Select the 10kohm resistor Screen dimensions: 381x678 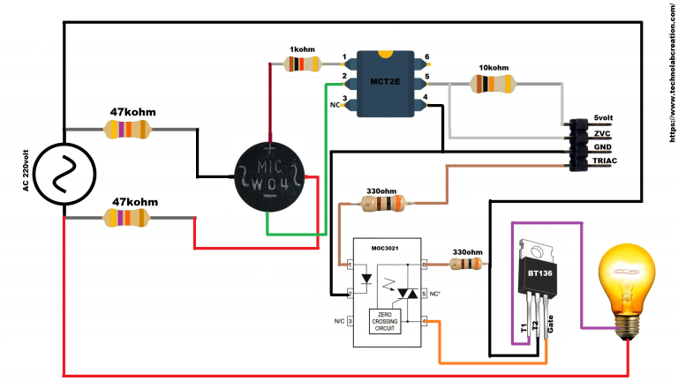pyautogui.click(x=493, y=84)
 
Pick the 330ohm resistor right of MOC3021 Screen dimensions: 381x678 pyautogui.click(x=465, y=263)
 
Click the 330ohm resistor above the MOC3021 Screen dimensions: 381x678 pyautogui.click(x=380, y=205)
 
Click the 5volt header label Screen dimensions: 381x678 pyautogui.click(x=604, y=118)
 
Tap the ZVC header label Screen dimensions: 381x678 pyautogui.click(x=601, y=133)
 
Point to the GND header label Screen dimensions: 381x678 pyautogui.click(x=601, y=147)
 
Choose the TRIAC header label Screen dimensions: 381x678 pyautogui.click(x=604, y=162)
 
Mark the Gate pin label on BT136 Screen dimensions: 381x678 pyautogui.click(x=550, y=329)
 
